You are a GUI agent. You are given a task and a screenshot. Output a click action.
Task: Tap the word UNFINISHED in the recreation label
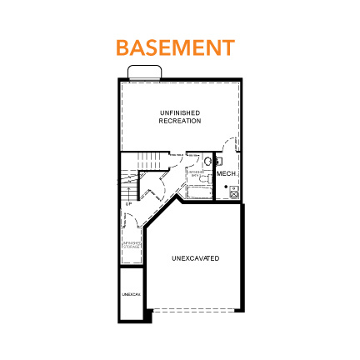[x=180, y=113]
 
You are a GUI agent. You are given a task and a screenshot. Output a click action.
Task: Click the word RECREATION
[x=180, y=121]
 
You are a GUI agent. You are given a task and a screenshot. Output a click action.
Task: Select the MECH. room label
[x=227, y=173]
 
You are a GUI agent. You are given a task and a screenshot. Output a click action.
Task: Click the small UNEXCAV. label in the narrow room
[x=128, y=294]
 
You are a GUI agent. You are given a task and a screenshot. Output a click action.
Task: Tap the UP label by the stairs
[x=128, y=203]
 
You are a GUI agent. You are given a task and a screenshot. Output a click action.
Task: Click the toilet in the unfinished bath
[x=208, y=160]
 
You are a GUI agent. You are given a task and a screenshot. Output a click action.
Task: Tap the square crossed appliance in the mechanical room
[x=234, y=192]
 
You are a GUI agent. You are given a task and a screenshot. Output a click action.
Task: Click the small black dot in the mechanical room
[x=227, y=187]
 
